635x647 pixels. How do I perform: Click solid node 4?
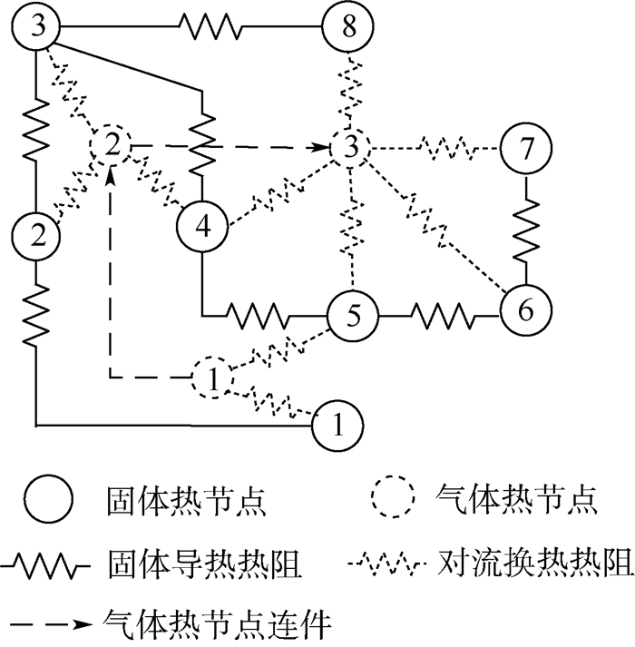(x=201, y=224)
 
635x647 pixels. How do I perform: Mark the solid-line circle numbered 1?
(x=337, y=425)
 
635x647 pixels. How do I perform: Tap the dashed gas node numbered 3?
(x=351, y=146)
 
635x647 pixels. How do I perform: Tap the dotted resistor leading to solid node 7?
(x=441, y=145)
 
